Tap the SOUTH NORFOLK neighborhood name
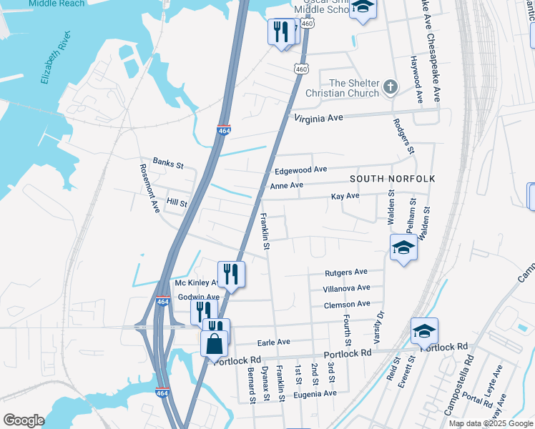[392, 178]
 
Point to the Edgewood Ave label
[300, 170]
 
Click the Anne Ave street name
[287, 186]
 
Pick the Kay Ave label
[345, 196]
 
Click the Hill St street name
[176, 204]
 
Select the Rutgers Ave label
[345, 272]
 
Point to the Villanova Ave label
[347, 288]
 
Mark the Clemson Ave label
[347, 305]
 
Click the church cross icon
[390, 87]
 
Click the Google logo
[24, 420]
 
